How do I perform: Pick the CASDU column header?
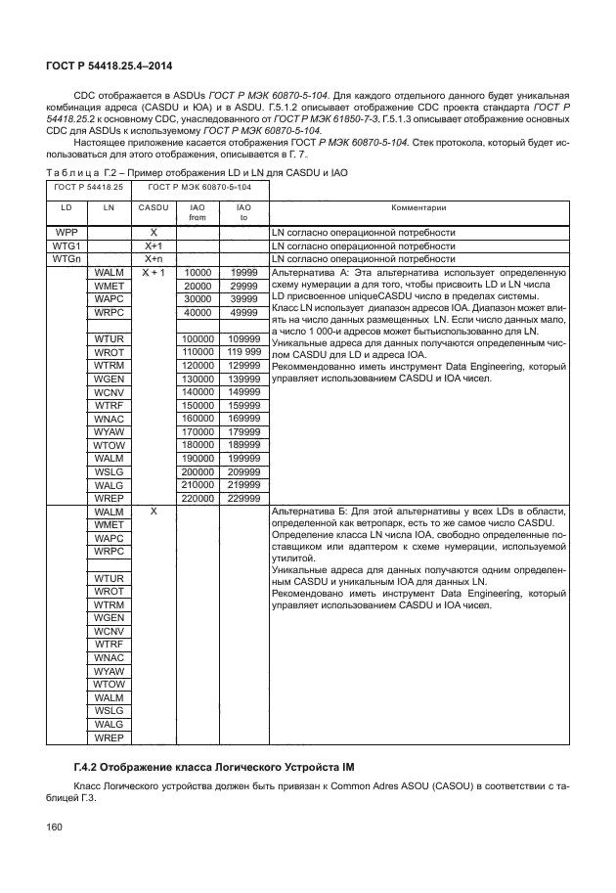153,207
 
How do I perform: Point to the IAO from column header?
198,212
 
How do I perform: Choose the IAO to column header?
243,212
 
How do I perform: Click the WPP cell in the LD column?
66,233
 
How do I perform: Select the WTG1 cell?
66,246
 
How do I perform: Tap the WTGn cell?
66,259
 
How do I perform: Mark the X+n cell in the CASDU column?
153,259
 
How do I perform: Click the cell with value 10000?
198,273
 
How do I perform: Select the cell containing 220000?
198,497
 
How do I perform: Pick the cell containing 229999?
243,497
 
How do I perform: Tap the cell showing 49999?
243,312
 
